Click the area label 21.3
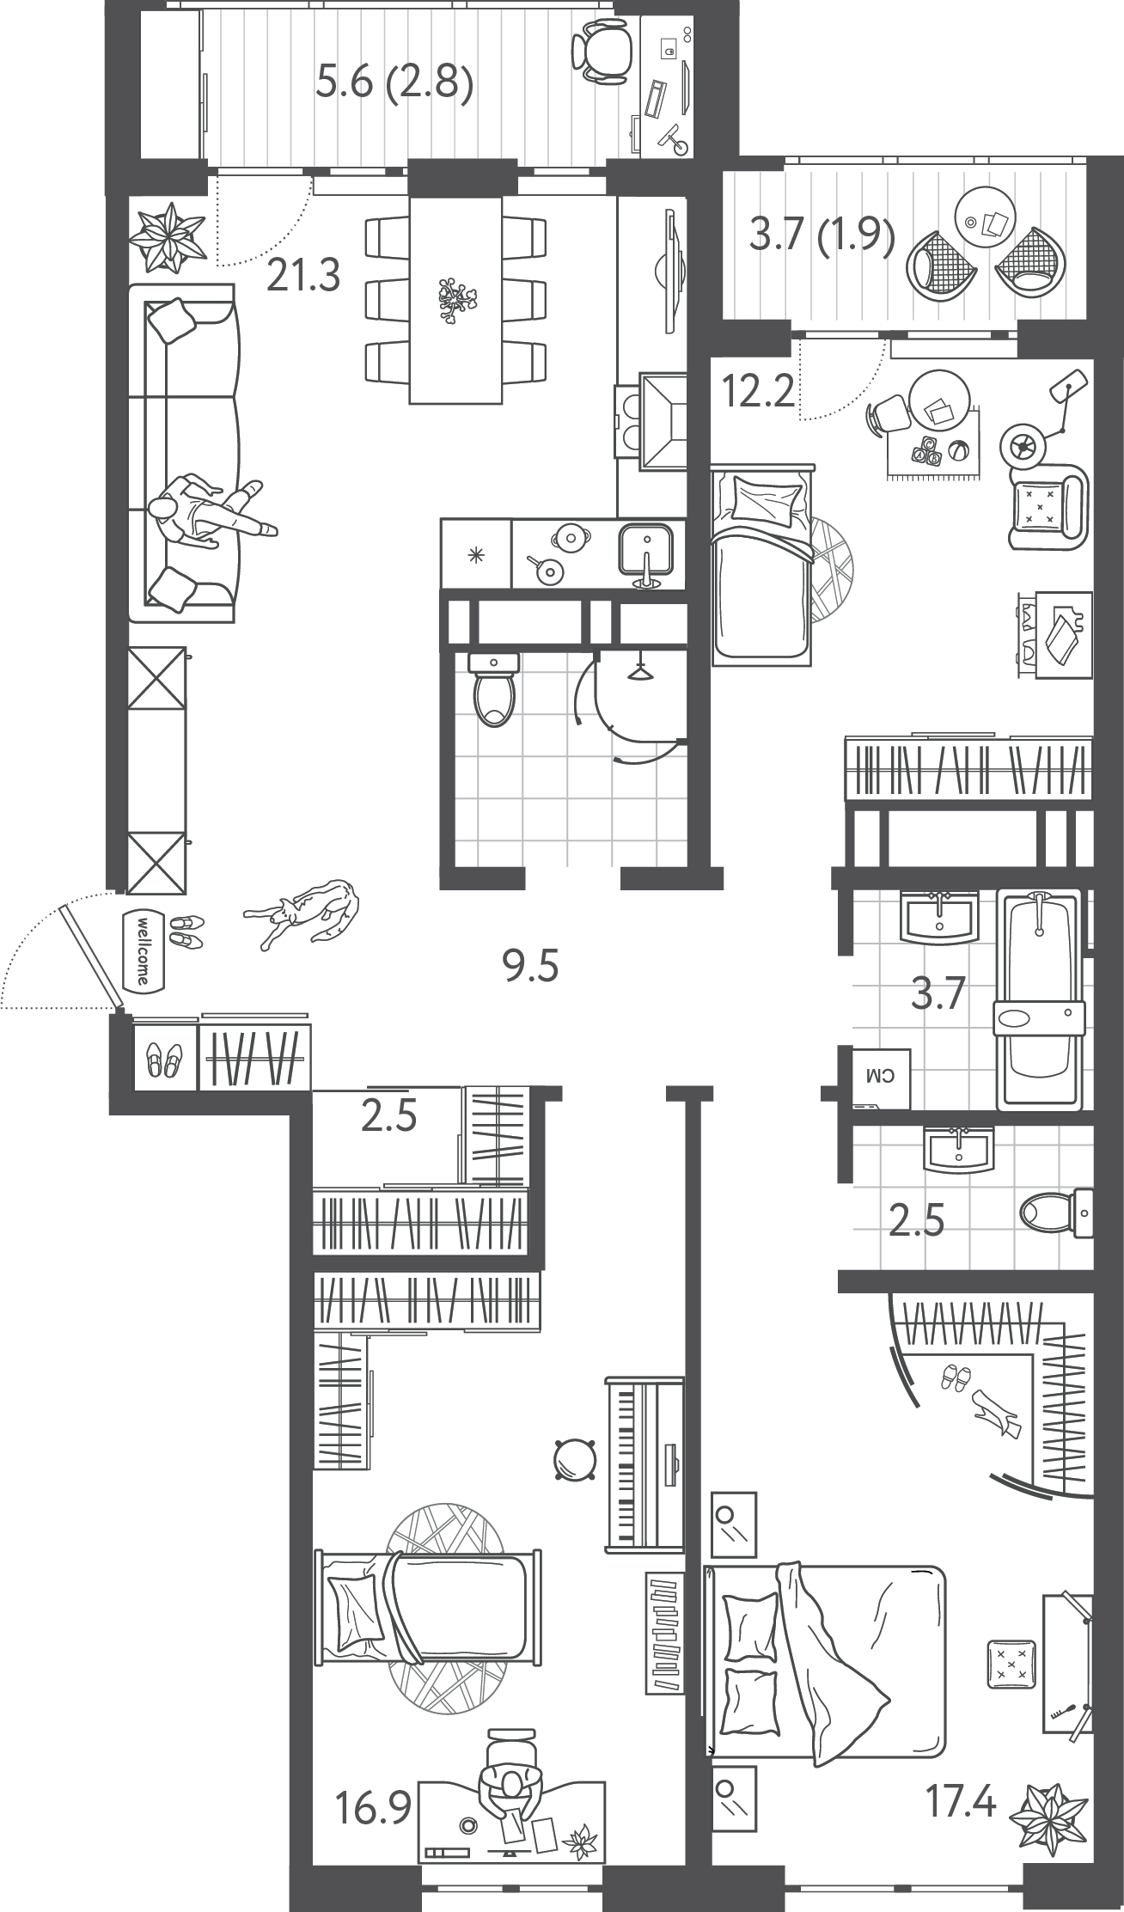[303, 275]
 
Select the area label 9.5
[530, 966]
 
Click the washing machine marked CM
[882, 1076]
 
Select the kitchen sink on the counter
[646, 554]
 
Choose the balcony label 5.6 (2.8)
[394, 84]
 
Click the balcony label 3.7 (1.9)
[822, 235]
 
